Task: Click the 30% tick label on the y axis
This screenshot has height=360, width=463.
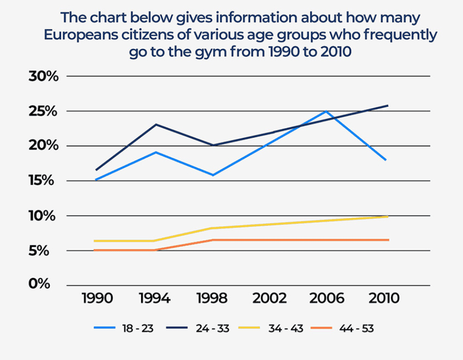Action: pyautogui.click(x=45, y=76)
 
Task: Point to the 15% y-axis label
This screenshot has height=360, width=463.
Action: pyautogui.click(x=45, y=181)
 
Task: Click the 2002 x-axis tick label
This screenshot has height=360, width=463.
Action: pyautogui.click(x=267, y=299)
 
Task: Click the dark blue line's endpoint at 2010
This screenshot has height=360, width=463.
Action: pyautogui.click(x=387, y=105)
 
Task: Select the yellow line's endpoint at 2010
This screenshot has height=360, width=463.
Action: pyautogui.click(x=387, y=217)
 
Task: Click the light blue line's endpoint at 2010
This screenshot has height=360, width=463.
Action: pyautogui.click(x=385, y=160)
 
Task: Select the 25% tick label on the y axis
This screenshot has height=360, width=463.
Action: pyautogui.click(x=45, y=111)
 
